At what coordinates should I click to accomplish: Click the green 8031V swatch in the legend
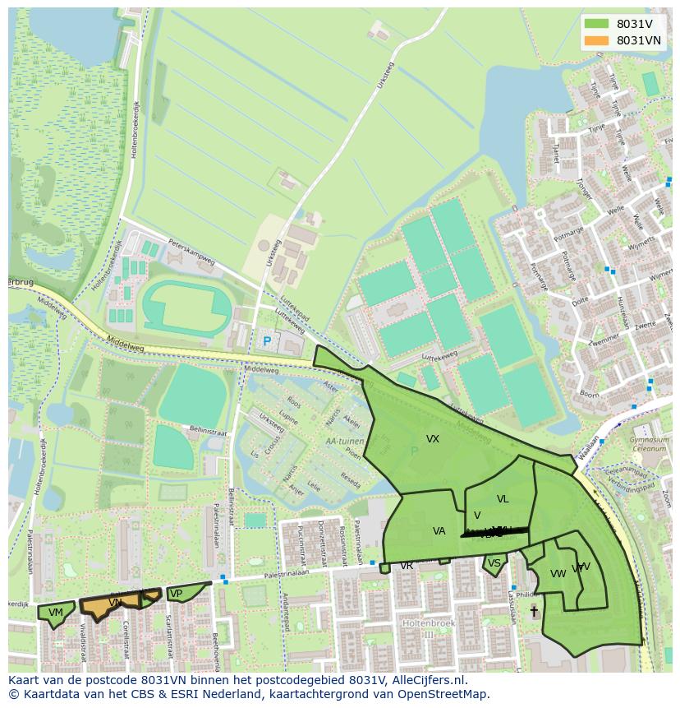[596, 24]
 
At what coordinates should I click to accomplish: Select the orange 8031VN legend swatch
[596, 40]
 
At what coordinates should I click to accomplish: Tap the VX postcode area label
[433, 439]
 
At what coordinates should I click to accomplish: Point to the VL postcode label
[503, 499]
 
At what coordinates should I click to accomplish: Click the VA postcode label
[439, 531]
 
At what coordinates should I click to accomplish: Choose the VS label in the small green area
[494, 563]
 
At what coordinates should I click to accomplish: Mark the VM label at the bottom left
[56, 613]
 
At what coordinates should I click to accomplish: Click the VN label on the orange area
[116, 603]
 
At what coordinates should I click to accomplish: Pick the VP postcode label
[175, 594]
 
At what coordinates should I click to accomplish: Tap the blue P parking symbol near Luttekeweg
[266, 340]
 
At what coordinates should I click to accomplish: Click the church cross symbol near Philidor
[534, 611]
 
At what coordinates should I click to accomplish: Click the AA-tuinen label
[343, 441]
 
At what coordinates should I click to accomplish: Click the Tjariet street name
[556, 153]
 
